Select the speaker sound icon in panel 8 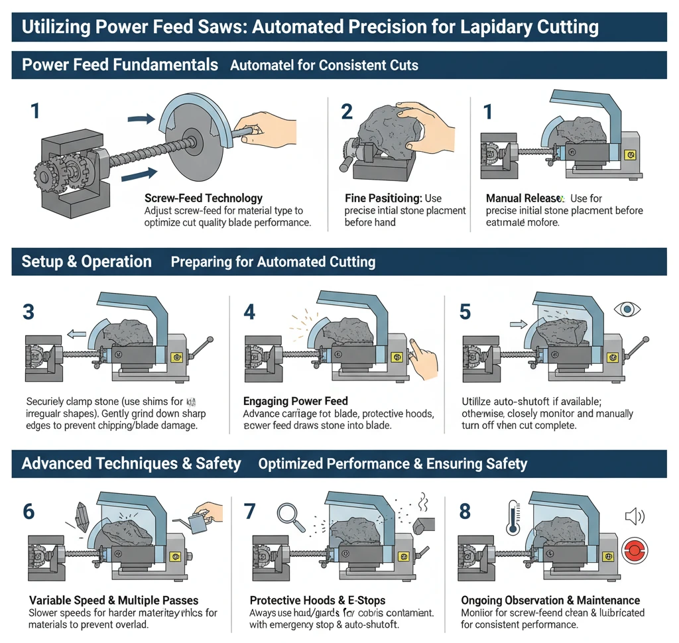(x=635, y=516)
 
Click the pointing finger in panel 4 (x=421, y=357)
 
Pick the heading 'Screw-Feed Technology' (x=203, y=198)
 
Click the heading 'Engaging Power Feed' (x=296, y=401)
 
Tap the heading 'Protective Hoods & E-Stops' (x=317, y=601)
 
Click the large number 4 (x=249, y=311)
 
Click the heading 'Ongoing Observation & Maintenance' (x=550, y=601)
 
